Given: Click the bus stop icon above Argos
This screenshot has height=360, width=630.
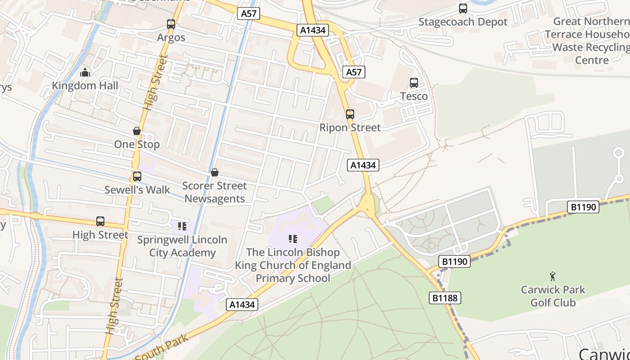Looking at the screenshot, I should [x=171, y=24].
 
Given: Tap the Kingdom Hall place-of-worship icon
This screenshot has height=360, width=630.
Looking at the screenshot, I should [x=85, y=72].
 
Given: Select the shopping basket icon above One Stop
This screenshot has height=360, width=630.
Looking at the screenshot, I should [x=137, y=131].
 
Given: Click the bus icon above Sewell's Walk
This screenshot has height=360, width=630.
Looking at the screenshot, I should [x=137, y=176].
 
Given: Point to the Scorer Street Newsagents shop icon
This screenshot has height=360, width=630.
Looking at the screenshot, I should [x=215, y=172].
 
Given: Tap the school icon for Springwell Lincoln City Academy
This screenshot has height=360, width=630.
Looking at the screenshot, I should [x=182, y=226].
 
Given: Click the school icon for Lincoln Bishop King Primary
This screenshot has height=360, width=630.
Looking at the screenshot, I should [x=293, y=238].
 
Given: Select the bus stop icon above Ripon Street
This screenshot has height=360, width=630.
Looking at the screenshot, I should [x=350, y=114].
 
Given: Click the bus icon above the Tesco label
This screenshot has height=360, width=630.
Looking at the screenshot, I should [x=414, y=83].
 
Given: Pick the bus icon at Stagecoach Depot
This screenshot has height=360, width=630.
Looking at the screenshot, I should [x=463, y=9].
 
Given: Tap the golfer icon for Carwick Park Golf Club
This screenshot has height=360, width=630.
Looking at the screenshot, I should [x=553, y=276].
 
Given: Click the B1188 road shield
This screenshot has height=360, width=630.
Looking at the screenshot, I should [x=445, y=298].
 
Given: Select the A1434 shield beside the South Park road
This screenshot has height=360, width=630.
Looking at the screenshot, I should [x=242, y=305].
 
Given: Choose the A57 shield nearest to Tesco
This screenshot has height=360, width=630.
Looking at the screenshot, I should [x=354, y=72].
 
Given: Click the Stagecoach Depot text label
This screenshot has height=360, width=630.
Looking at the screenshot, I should [x=463, y=22].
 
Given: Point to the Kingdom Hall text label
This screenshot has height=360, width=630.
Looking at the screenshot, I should [x=85, y=85].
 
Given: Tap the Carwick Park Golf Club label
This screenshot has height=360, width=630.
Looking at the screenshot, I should [x=553, y=296].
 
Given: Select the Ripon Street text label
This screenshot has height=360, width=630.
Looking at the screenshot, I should [x=350, y=128].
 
